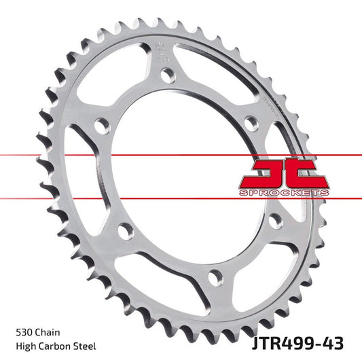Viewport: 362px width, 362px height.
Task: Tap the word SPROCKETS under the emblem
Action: pyautogui.click(x=284, y=194)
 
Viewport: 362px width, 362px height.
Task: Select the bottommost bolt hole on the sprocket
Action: pyautogui.click(x=215, y=276)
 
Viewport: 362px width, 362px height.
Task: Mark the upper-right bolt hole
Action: pyautogui.click(x=251, y=122)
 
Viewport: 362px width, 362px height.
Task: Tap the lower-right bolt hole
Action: pyautogui.click(x=275, y=221)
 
